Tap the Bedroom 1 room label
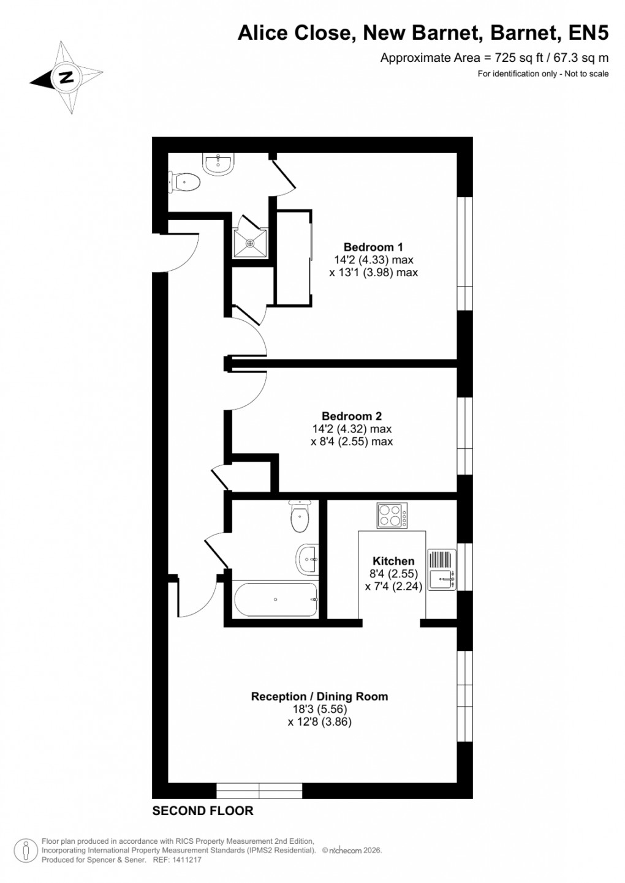(373, 247)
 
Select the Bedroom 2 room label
(352, 416)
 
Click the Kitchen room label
(393, 561)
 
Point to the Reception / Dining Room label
(319, 696)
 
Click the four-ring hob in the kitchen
(392, 515)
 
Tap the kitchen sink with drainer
(441, 569)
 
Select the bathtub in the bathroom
(275, 599)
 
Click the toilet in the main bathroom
(300, 517)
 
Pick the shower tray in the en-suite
(250, 243)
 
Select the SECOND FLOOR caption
(202, 811)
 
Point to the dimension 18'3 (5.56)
(319, 709)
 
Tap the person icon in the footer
(26, 850)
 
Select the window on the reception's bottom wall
(259, 791)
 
